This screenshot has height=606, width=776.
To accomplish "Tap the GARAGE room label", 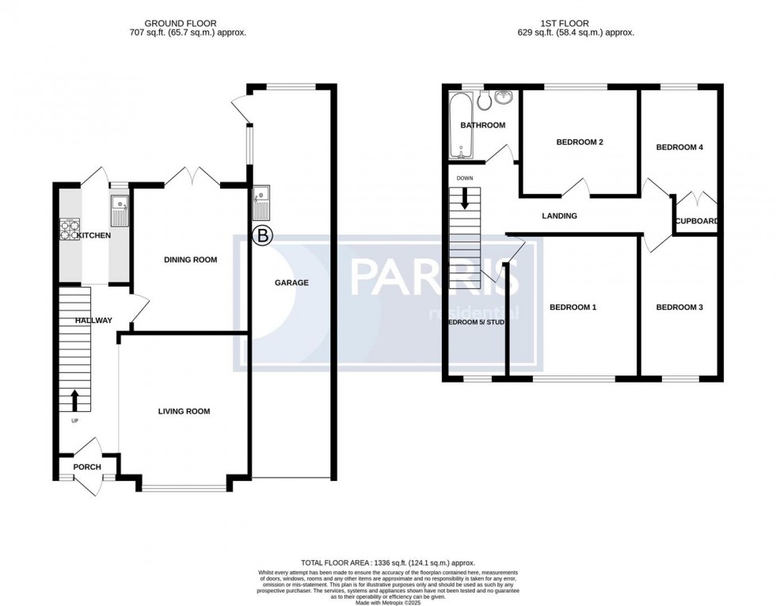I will point(291,283).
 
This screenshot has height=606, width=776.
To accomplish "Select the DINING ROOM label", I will point(190,260).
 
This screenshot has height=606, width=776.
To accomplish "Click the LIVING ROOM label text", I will point(184,411).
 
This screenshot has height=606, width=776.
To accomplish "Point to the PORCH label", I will point(87,467).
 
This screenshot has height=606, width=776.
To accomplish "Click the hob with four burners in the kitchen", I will point(70,229).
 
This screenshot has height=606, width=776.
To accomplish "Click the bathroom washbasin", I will point(504,99).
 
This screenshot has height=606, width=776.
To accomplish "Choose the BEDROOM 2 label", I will point(580,143).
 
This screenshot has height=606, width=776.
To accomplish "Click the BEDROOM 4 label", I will point(679,147).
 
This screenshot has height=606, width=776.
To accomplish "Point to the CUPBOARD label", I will point(697,221).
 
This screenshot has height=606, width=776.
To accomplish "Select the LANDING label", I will point(559,215).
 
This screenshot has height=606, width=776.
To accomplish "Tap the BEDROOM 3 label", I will point(679,307).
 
